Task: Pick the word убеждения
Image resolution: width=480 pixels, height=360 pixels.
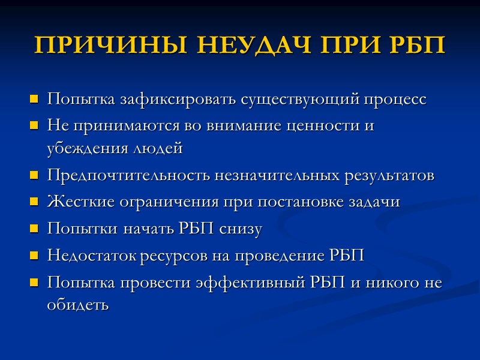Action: tap(83, 148)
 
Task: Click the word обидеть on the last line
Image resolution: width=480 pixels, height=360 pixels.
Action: tap(78, 304)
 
